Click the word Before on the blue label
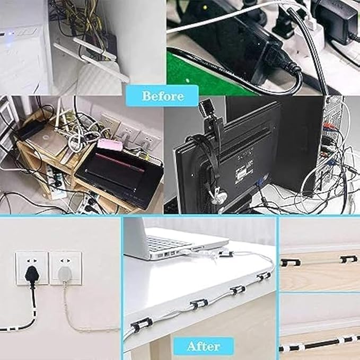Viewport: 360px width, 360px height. click(x=163, y=96)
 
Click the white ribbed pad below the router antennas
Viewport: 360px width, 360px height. click(x=101, y=80)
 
